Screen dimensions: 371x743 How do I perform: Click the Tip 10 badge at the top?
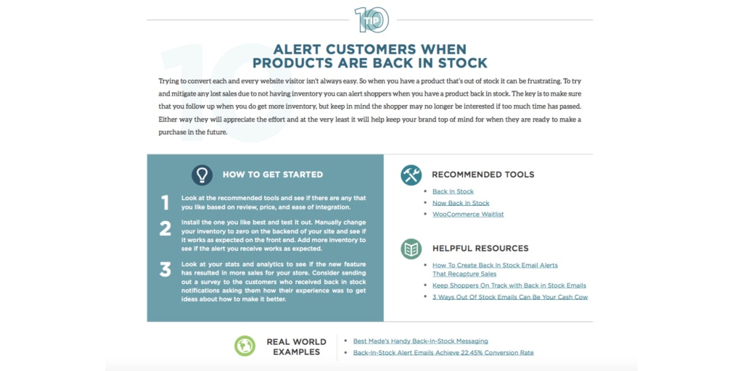(371, 20)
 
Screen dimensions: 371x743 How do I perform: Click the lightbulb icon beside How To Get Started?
(202, 175)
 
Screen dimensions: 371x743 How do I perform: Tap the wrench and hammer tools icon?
(411, 175)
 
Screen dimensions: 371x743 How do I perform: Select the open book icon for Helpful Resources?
(411, 249)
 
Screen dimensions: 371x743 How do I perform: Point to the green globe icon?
(245, 346)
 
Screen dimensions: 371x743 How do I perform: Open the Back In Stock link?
(453, 191)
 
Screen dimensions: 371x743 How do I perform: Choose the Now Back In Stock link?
(461, 203)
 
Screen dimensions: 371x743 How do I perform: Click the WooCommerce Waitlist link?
(468, 214)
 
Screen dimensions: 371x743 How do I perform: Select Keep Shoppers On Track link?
(509, 285)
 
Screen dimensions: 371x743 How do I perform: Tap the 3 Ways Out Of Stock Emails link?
(509, 297)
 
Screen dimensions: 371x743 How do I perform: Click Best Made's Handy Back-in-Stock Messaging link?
(420, 341)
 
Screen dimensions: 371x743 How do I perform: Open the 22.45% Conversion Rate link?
(443, 353)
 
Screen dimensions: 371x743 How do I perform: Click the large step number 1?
(165, 203)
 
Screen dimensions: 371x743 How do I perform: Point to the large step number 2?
(165, 229)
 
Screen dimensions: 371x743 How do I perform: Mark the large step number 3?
(165, 270)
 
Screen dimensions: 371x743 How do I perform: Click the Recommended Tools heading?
(483, 175)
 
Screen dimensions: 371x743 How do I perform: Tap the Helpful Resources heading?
(480, 249)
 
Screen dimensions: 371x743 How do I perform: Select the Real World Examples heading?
(296, 346)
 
